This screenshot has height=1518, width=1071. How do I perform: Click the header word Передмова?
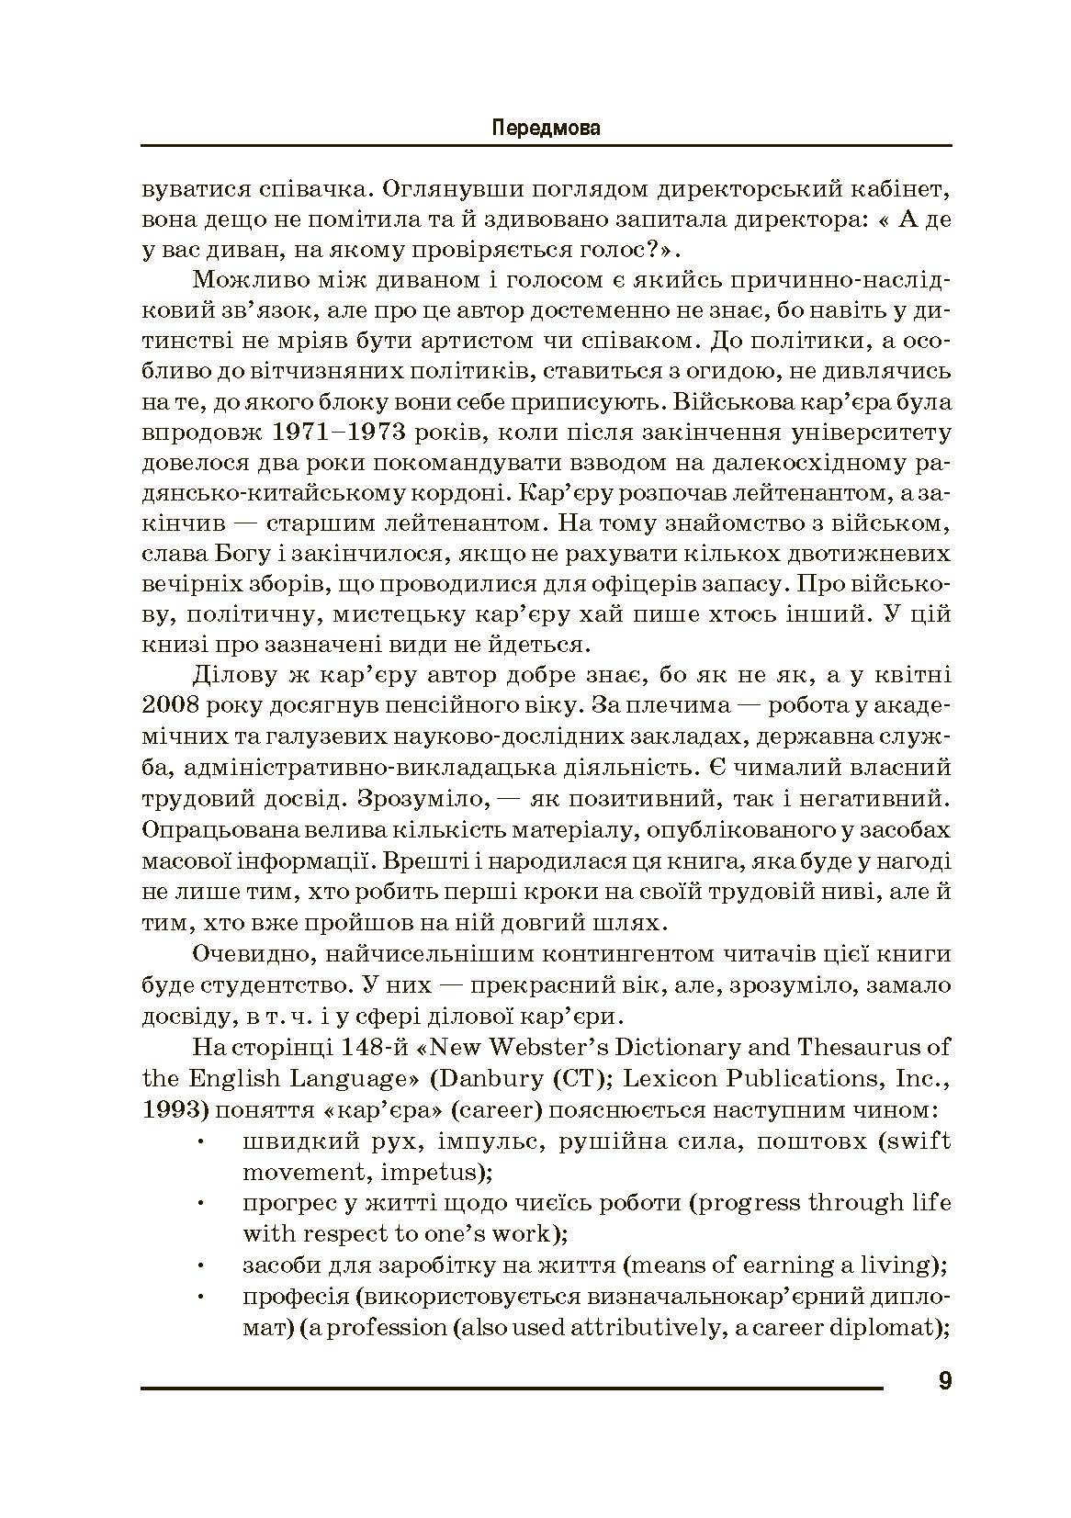click(x=546, y=128)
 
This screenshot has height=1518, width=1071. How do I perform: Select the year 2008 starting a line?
click(x=165, y=706)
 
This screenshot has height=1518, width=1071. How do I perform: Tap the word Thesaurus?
click(x=860, y=1047)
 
